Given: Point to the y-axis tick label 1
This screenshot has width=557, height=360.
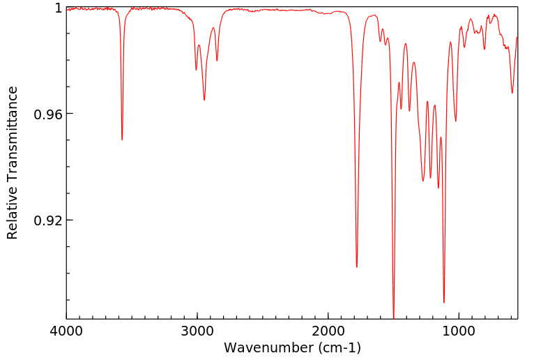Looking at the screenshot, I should point(58,8).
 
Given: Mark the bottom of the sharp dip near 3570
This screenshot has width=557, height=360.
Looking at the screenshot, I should point(122,140).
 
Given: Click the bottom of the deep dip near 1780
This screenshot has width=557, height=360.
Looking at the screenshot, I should point(357,267).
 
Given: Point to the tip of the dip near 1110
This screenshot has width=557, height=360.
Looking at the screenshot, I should point(444,303).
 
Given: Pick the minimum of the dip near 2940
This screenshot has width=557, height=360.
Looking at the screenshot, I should point(204,100).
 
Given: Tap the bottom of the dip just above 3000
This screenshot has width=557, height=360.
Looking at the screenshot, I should point(196,70).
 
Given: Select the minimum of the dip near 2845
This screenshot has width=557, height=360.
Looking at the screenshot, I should point(217,61).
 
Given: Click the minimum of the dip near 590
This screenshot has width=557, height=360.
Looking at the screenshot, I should point(512,93).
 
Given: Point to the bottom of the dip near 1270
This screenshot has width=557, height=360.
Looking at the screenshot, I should point(423,181).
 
